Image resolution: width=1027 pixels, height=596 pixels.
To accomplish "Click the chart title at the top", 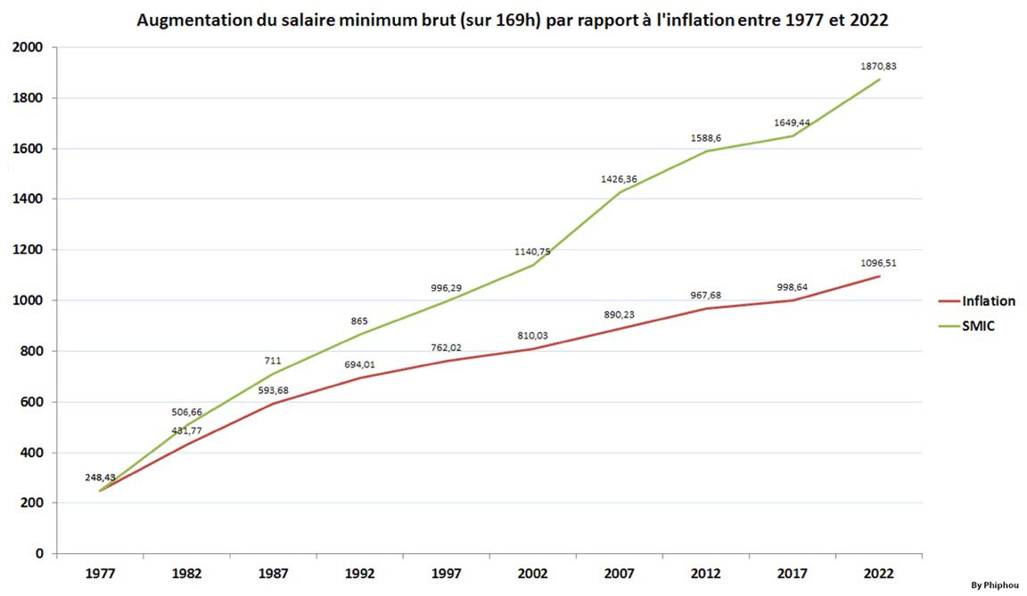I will pos(513,20).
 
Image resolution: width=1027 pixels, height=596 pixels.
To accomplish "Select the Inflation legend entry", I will pos(988,301).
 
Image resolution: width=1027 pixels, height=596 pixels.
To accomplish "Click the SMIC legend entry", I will pos(977,326).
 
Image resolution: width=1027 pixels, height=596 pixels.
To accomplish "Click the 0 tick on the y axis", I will pos(39,554).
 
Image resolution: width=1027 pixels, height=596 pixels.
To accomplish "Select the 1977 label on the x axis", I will pos(100,575).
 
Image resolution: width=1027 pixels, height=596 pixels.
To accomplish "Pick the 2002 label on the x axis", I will pos(532,575).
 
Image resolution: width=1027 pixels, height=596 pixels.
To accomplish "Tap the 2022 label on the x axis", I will pos(878,575).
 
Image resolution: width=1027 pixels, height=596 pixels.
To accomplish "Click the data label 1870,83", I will pos(878,66).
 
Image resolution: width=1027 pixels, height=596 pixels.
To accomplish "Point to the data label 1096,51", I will pos(878,263).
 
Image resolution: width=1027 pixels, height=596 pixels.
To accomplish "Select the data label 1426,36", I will pos(619,179).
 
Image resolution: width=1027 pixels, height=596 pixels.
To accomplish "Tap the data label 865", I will pos(359,322).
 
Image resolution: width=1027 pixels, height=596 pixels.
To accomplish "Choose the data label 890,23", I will pos(619,314).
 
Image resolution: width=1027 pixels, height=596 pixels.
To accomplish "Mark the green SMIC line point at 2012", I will pos(705,151).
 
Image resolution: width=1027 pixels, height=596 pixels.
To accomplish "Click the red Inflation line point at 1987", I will pos(273,404).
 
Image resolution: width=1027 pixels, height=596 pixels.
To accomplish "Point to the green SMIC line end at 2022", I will pos(880,79).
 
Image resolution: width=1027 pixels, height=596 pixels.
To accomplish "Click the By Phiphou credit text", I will pos(995,585).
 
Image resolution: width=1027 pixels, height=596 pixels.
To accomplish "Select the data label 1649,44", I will pos(792,122).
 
